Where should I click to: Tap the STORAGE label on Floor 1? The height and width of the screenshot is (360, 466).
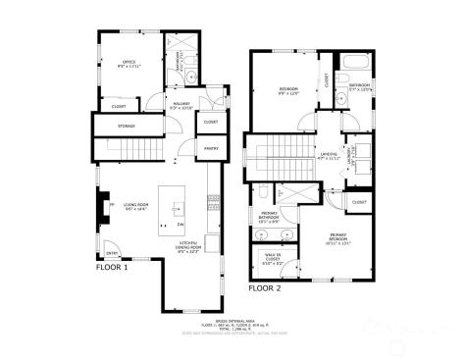coord(127,127)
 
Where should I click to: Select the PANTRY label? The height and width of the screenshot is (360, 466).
coord(211,149)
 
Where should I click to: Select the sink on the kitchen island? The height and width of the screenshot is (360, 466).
coord(178,207)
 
